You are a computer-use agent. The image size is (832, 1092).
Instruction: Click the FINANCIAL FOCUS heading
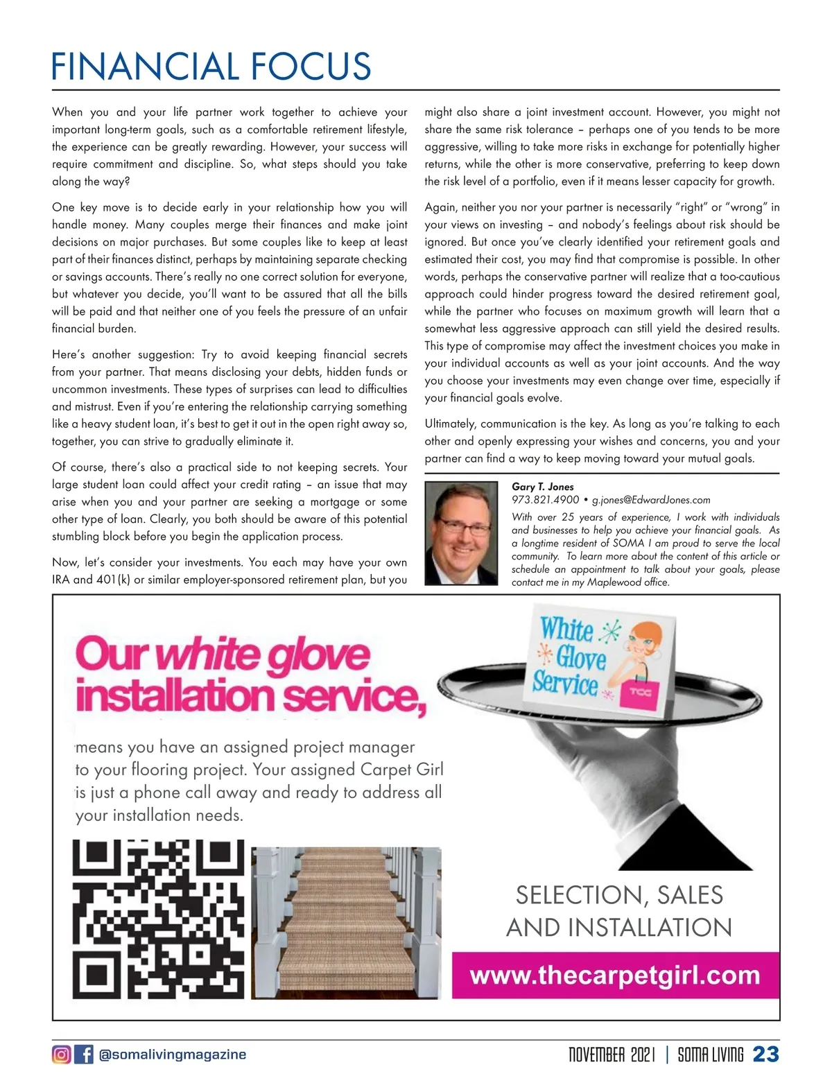(x=211, y=67)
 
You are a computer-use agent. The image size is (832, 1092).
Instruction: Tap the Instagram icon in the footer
(x=61, y=1055)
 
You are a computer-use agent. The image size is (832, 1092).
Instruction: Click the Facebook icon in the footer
(x=84, y=1055)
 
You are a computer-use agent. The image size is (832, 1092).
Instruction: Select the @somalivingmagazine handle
(x=173, y=1055)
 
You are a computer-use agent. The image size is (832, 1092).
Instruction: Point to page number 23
(x=765, y=1055)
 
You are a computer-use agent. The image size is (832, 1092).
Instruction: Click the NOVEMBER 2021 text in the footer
(x=611, y=1055)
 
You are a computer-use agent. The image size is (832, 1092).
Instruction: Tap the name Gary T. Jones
(x=542, y=487)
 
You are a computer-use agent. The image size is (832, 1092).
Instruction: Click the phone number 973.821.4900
(x=545, y=500)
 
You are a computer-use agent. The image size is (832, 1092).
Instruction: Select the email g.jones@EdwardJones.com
(x=651, y=500)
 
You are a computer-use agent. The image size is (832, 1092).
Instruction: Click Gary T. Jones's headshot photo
(x=461, y=534)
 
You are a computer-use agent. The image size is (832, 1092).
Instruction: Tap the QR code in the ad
(x=159, y=919)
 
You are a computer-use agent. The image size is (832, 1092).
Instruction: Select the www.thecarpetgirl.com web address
(x=615, y=976)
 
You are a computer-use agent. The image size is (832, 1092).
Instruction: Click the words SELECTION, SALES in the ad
(x=619, y=895)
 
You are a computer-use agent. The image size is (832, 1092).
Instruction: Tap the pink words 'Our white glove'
(x=223, y=654)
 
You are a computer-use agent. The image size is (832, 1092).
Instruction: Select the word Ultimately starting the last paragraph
(x=450, y=424)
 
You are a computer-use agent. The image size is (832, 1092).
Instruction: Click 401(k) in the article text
(x=114, y=580)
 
